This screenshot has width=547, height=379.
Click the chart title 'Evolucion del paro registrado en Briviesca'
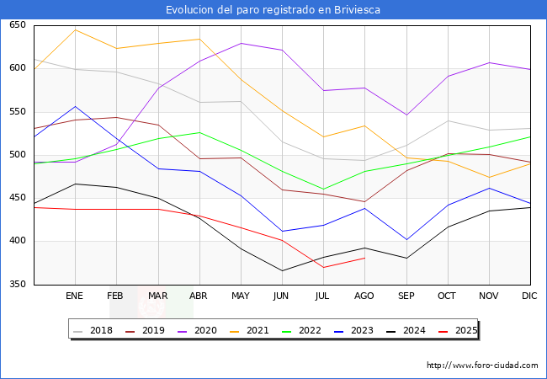pyautogui.click(x=273, y=9)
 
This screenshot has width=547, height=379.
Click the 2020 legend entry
pyautogui.click(x=207, y=330)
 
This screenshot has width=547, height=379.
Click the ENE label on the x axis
pyautogui.click(x=75, y=296)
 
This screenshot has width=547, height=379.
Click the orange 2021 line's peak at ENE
pyautogui.click(x=75, y=29)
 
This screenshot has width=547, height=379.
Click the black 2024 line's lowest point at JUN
pyautogui.click(x=282, y=270)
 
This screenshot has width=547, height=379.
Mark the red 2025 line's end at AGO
pyautogui.click(x=364, y=258)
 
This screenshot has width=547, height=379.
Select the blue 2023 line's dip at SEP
pyautogui.click(x=406, y=240)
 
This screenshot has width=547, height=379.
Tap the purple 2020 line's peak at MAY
pyautogui.click(x=241, y=43)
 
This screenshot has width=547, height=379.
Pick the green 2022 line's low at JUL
pyautogui.click(x=323, y=189)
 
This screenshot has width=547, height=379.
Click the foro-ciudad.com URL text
pyautogui.click(x=482, y=366)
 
